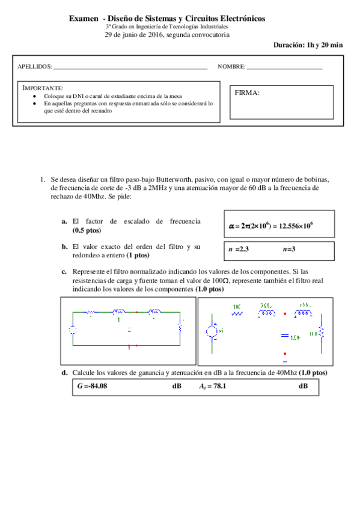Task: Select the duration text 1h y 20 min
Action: (325, 45)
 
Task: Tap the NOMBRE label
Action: (231, 66)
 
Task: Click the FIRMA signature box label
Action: (248, 93)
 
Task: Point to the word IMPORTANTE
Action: (42, 88)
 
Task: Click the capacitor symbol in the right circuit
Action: (285, 337)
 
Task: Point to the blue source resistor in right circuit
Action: (237, 313)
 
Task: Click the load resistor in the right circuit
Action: (321, 333)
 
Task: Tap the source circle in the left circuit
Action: (72, 330)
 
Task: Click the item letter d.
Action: (64, 373)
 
